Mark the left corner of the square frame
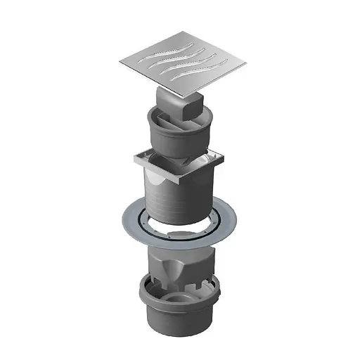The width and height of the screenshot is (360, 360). pyautogui.click(x=131, y=160)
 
